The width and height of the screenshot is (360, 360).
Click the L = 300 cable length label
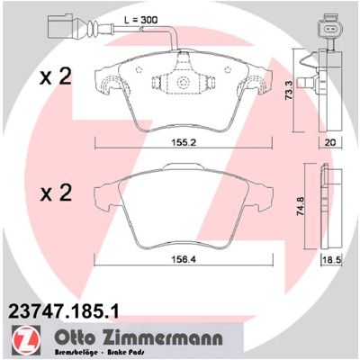pyautogui.click(x=140, y=20)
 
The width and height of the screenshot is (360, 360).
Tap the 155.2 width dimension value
pyautogui.click(x=184, y=142)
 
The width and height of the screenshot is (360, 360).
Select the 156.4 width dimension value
pyautogui.click(x=184, y=259)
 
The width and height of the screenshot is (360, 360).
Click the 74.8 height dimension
pyautogui.click(x=301, y=206)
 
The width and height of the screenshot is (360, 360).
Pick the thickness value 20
pyautogui.click(x=330, y=142)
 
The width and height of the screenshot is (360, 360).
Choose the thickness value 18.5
pyautogui.click(x=332, y=260)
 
